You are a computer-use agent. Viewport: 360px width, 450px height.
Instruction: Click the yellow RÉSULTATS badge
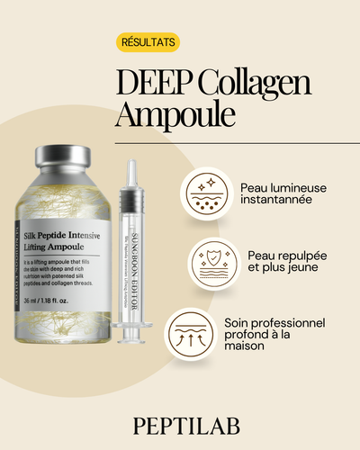click(x=148, y=42)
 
